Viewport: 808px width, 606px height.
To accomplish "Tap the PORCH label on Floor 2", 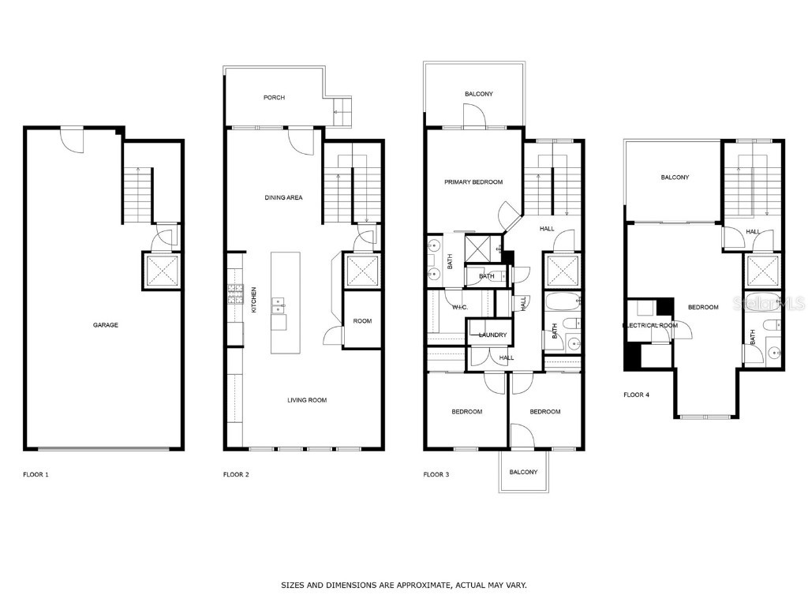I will (x=274, y=98).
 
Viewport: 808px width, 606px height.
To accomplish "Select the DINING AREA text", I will (x=283, y=198).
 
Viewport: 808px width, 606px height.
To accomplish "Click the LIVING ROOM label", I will (x=306, y=401).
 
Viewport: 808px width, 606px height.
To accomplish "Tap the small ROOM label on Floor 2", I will (x=362, y=321).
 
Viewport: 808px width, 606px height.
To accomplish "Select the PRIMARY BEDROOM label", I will (x=473, y=182).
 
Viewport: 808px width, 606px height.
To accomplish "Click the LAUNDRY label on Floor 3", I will (x=492, y=335).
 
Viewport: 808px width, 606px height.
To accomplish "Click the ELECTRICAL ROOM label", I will (x=650, y=325).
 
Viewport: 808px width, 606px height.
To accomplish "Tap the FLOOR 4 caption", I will (x=636, y=395).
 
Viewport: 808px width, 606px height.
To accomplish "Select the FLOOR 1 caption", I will (x=36, y=475).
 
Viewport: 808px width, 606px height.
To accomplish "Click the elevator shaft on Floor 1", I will (x=161, y=268).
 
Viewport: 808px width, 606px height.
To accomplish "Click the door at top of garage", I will (x=73, y=139).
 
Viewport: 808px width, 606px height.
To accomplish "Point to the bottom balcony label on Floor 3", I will (x=523, y=472).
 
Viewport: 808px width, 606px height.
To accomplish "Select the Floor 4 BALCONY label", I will (x=675, y=178).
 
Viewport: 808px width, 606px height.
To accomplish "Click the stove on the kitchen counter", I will (x=235, y=295).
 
